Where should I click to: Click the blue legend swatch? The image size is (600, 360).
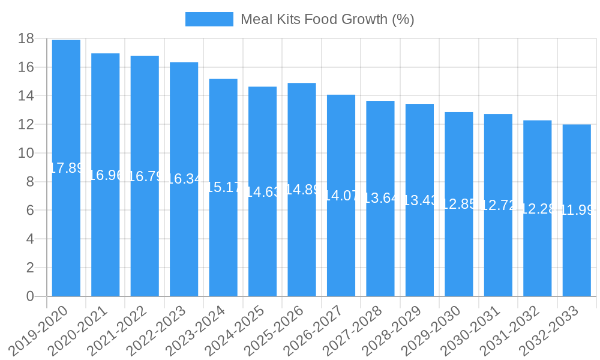(x=209, y=19)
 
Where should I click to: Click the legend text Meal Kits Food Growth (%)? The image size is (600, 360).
(x=327, y=19)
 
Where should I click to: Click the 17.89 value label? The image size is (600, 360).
(x=66, y=168)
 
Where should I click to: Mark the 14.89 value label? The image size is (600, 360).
(x=302, y=190)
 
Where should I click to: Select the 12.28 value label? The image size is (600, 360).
(x=538, y=209)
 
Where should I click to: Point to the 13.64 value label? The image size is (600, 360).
(x=380, y=198)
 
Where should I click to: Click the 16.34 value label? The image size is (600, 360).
(x=184, y=179)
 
